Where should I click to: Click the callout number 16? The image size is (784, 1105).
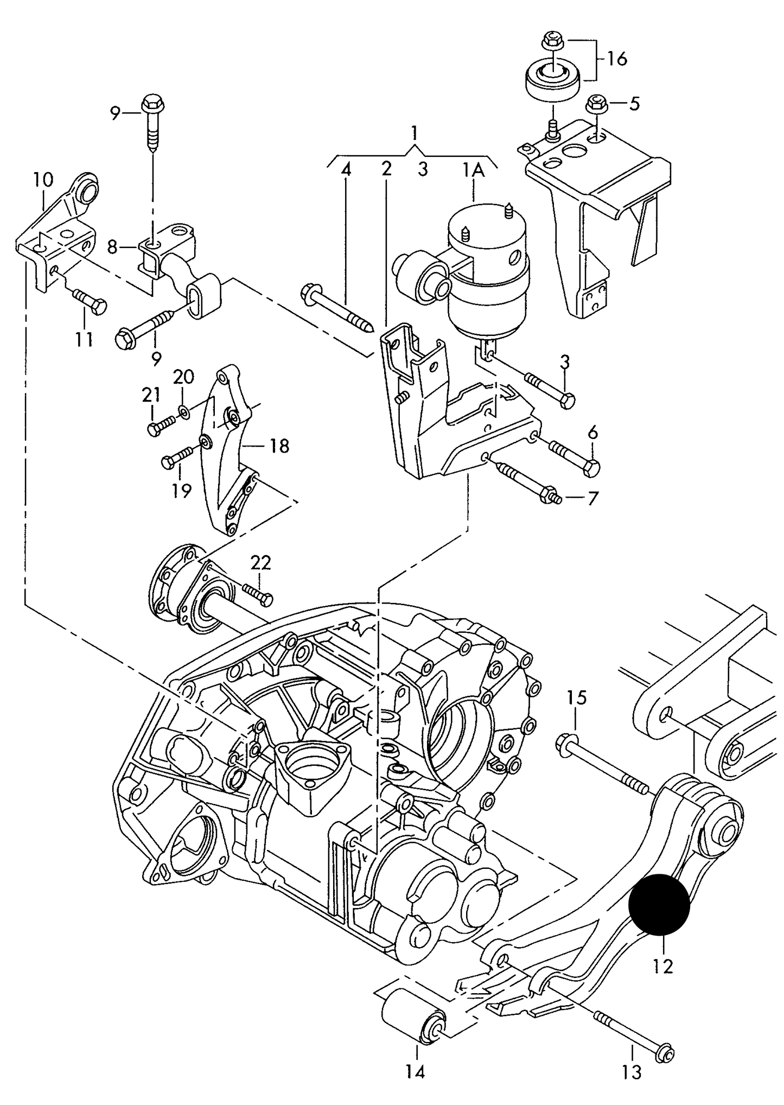pyautogui.click(x=616, y=59)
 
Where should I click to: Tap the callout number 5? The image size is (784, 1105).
pyautogui.click(x=634, y=103)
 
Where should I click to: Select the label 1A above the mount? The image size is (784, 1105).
pyautogui.click(x=473, y=170)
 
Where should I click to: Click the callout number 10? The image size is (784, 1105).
pyautogui.click(x=43, y=180)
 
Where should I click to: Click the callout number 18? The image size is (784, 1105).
pyautogui.click(x=279, y=446)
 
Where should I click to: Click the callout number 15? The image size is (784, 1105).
pyautogui.click(x=577, y=697)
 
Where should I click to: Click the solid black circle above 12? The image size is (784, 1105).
pyautogui.click(x=659, y=905)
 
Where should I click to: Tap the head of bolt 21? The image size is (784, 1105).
pyautogui.click(x=153, y=429)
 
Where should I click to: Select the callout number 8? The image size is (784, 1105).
pyautogui.click(x=112, y=248)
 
